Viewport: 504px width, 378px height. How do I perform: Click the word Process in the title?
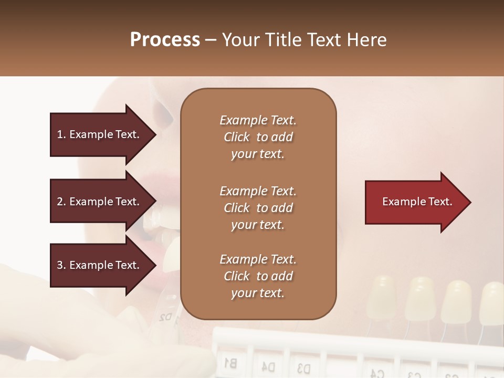click(165, 40)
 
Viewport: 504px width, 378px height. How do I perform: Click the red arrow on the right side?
click(417, 202)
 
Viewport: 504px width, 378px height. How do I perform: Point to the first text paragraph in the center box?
click(258, 137)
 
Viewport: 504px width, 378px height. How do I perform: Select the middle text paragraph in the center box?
click(258, 208)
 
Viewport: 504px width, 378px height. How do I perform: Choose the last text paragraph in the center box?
click(258, 276)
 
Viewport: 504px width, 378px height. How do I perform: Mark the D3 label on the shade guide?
click(303, 366)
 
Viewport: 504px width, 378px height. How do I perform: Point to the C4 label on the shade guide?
click(377, 373)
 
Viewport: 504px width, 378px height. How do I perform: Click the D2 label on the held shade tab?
click(165, 318)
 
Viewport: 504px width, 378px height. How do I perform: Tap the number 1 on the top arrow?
click(60, 134)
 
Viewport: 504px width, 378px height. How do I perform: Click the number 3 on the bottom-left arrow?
click(60, 265)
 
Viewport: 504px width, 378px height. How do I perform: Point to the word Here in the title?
click(367, 40)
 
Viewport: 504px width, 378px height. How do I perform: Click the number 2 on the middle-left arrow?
click(60, 202)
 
